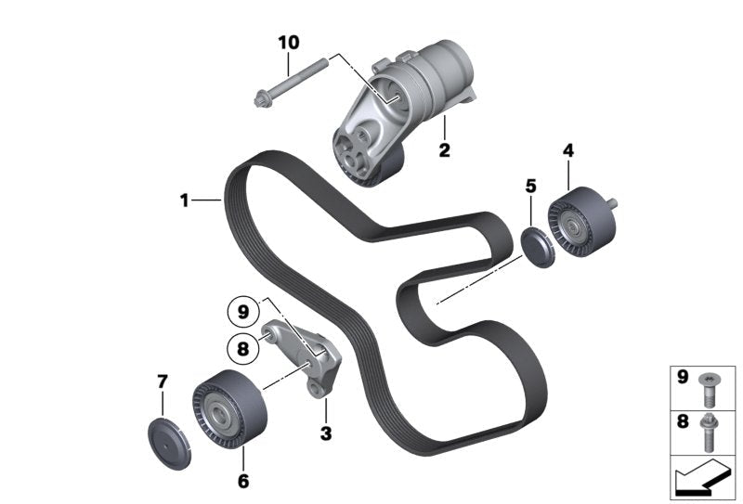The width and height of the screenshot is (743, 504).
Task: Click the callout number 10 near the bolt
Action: tap(288, 43)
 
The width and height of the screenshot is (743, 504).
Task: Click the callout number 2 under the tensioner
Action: tap(444, 149)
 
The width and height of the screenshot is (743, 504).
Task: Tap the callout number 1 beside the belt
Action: tap(185, 200)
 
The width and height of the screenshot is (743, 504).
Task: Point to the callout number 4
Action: tap(568, 149)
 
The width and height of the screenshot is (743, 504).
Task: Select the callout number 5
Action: tap(530, 186)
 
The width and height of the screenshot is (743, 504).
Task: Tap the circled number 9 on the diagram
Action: tap(243, 312)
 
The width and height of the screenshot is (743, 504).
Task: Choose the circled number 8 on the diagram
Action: tap(243, 349)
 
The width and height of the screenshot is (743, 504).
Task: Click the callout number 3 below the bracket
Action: tap(325, 433)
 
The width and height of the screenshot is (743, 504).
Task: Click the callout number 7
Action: tap(162, 381)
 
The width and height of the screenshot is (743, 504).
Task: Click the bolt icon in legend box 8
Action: tap(711, 430)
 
